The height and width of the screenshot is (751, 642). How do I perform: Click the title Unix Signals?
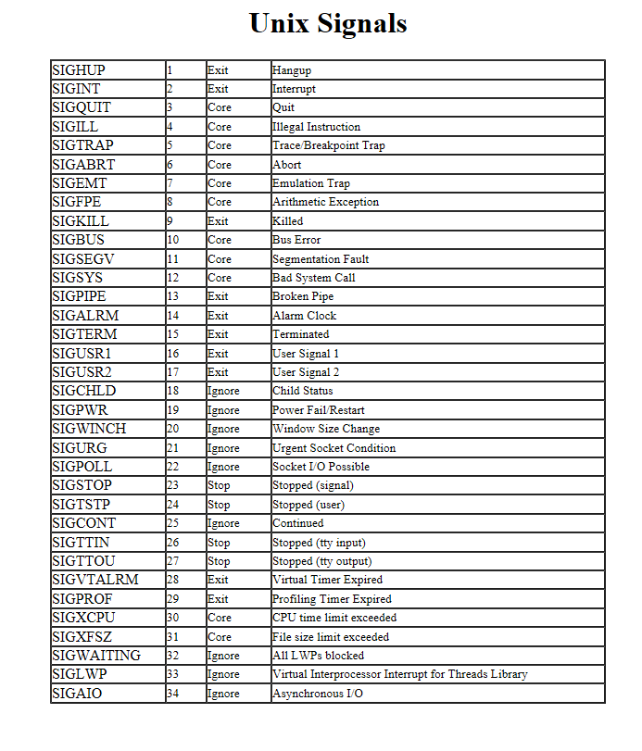328,23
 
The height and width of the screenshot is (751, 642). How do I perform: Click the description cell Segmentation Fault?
321,259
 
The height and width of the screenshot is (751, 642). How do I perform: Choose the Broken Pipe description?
303,296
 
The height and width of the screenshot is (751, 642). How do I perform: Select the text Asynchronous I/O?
318,694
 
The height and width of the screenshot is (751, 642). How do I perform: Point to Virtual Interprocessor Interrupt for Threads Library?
399,674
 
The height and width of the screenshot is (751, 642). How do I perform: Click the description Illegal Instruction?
316,127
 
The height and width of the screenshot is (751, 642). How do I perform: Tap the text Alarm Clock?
304,316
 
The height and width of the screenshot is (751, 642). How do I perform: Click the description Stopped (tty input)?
319,543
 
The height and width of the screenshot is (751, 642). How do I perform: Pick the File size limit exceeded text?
331,637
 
